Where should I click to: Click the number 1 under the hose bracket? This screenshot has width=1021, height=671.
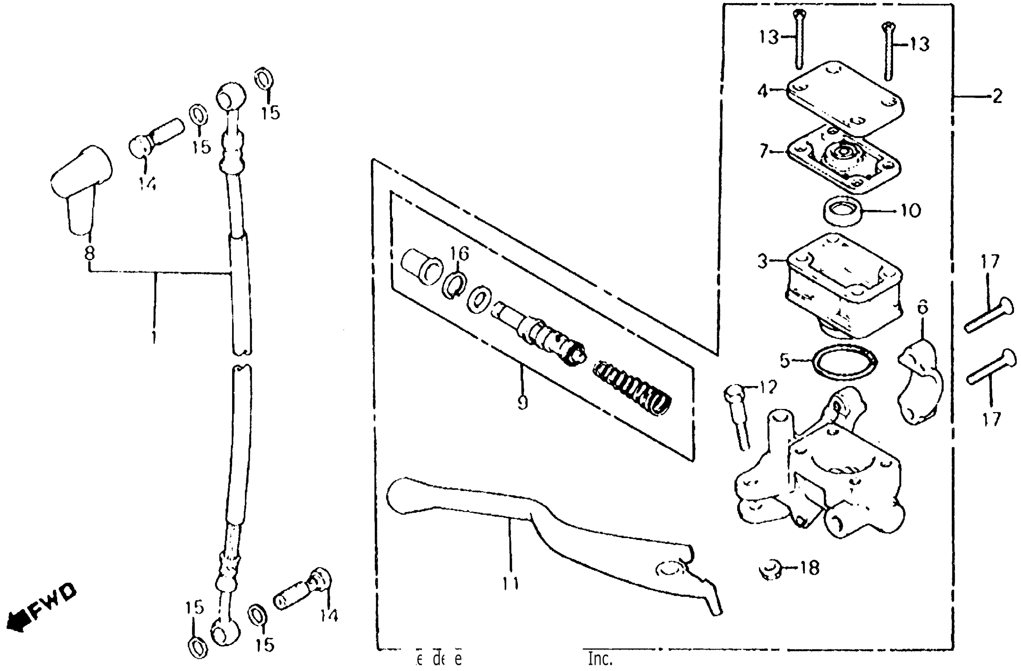tap(154, 337)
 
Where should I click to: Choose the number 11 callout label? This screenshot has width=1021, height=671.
tap(511, 583)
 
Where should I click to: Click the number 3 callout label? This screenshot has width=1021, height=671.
tap(762, 261)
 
